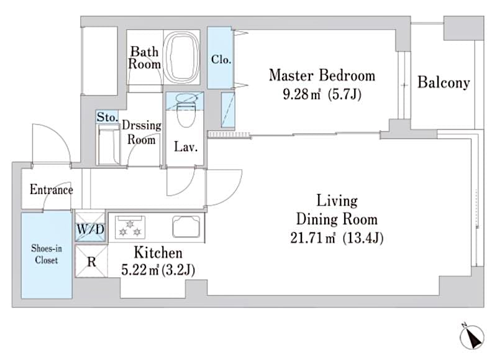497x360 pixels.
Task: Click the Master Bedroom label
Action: click(322, 76)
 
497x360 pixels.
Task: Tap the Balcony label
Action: click(443, 82)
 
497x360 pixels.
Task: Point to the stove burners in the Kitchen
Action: click(129, 226)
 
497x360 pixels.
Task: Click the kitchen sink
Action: click(186, 226)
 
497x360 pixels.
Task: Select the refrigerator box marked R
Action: click(91, 261)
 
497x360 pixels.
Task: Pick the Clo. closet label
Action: click(221, 60)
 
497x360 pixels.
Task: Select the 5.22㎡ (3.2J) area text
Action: click(159, 269)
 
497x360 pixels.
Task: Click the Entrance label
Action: click(51, 190)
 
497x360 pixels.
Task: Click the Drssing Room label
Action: click(142, 132)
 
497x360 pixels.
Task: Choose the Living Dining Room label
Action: click(337, 210)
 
